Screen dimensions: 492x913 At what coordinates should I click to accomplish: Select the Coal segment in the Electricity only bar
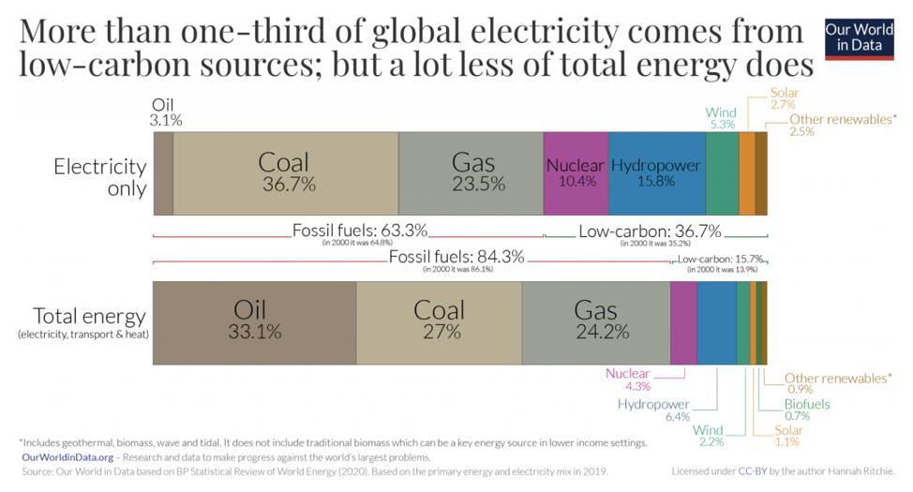click(286, 173)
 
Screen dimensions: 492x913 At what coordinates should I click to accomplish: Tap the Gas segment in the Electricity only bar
click(471, 173)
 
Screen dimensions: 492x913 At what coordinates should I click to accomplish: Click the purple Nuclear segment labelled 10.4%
click(576, 173)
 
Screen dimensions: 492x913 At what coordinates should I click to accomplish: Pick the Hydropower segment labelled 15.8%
click(656, 173)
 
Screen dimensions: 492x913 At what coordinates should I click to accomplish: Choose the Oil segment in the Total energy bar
click(254, 321)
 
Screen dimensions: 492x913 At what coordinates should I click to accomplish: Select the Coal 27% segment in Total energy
click(439, 321)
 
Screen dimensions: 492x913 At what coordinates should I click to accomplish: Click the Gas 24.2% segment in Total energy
click(595, 321)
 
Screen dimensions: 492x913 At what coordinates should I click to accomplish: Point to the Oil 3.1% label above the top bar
click(165, 112)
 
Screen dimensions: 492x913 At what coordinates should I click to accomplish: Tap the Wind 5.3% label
click(721, 118)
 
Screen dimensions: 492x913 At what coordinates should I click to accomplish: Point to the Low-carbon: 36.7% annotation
click(650, 231)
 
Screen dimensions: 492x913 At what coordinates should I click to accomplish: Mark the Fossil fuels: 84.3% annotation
click(456, 259)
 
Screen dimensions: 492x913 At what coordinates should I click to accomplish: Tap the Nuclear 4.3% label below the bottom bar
click(627, 380)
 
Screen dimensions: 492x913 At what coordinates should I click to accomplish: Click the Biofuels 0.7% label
click(807, 410)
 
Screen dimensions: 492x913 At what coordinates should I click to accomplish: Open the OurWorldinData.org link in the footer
click(67, 456)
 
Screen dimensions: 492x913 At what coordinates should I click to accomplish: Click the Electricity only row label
click(100, 177)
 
